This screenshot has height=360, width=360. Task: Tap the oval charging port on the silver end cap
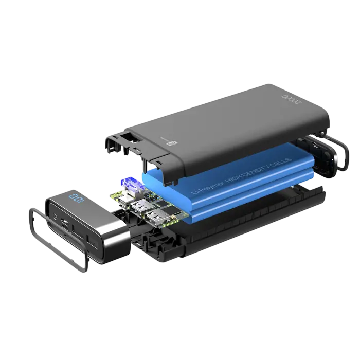[67, 223]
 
